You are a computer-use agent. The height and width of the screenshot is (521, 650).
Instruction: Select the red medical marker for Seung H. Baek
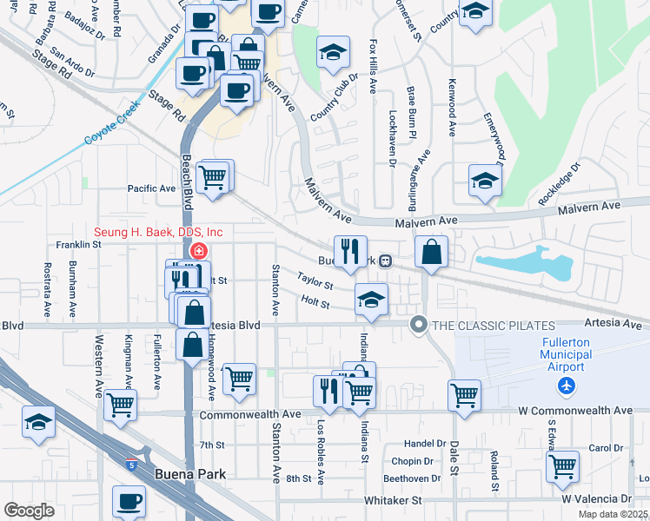click(x=198, y=251)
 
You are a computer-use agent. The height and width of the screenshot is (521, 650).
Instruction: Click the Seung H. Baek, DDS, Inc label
click(x=159, y=232)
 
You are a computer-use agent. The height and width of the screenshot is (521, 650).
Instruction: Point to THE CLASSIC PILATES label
click(x=487, y=325)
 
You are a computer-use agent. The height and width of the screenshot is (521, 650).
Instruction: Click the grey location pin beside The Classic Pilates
click(x=419, y=325)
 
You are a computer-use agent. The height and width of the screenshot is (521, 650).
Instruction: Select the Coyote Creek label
click(x=112, y=124)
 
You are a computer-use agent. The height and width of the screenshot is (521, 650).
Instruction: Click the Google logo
click(x=29, y=511)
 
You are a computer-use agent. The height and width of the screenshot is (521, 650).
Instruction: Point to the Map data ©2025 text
click(x=612, y=514)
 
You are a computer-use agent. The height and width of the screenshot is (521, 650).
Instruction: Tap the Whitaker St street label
click(x=392, y=500)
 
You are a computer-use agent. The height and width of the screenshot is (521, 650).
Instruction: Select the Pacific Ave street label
click(x=151, y=188)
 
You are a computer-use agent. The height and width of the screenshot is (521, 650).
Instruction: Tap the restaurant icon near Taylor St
click(x=350, y=251)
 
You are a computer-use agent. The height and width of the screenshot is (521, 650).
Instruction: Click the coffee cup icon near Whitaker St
click(x=130, y=501)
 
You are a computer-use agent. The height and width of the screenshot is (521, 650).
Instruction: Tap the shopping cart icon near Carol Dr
click(x=562, y=465)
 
